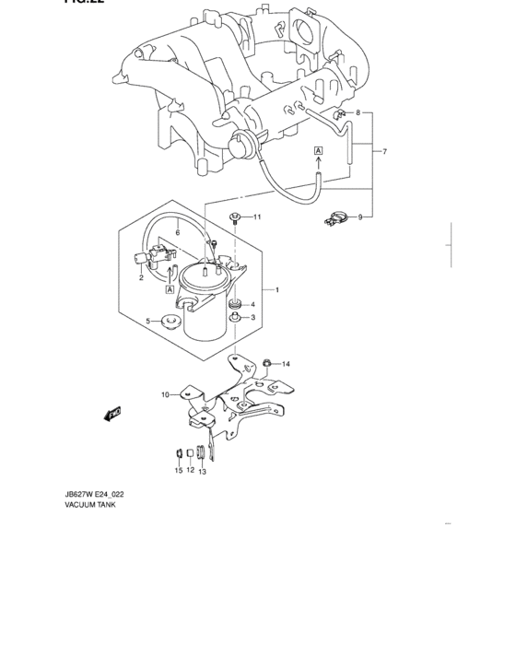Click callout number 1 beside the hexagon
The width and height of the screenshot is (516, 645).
[x=276, y=289]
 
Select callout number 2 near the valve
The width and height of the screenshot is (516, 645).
[x=140, y=276]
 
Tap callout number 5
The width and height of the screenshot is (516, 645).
[x=147, y=321]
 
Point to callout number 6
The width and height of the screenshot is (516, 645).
[x=178, y=234]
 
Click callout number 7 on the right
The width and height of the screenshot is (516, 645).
[x=385, y=151]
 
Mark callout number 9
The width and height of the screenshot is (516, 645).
[x=359, y=217]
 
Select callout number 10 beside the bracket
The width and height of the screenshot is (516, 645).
[x=165, y=394]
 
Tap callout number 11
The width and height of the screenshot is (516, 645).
[x=258, y=217]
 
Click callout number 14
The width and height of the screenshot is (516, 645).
[x=286, y=364]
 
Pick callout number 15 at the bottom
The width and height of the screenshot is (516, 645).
[x=179, y=471]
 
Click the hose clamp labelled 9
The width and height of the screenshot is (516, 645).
[x=335, y=219]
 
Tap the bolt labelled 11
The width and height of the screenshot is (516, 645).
[x=237, y=217]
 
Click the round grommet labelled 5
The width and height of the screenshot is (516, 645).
[x=169, y=322]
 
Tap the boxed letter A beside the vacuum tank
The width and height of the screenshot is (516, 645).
[x=170, y=289]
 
